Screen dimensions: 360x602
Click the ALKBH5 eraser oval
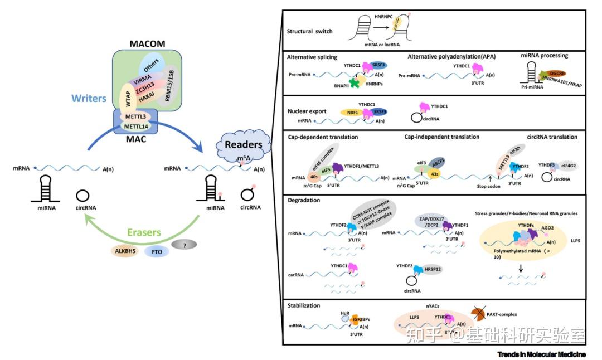click(x=124, y=250)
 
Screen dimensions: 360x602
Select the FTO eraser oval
click(x=157, y=251)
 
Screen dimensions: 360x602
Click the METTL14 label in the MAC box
click(x=137, y=127)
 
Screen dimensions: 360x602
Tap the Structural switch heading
click(x=309, y=31)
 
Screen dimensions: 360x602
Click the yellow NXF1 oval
click(x=352, y=113)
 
